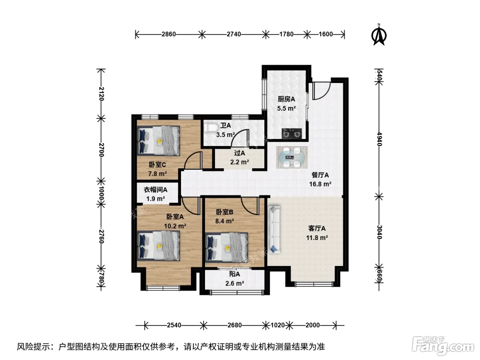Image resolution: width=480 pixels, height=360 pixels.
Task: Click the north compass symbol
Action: click(379, 35)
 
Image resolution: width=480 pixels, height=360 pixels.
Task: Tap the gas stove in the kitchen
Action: click(291, 134)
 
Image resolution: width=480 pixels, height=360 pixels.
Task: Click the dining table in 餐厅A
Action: click(291, 157)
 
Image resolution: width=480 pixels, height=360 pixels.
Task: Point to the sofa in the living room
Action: click(274, 229)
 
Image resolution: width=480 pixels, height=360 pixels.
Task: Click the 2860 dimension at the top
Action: click(169, 34)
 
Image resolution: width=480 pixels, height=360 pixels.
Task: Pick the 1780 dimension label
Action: click(286, 34)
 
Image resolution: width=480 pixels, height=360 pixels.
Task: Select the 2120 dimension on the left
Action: click(101, 94)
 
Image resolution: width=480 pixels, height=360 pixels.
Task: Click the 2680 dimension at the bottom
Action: click(235, 325)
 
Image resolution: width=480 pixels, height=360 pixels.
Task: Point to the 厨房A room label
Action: click(286, 99)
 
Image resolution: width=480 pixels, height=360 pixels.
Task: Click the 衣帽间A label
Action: click(155, 190)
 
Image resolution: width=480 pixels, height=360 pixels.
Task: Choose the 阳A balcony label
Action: click(235, 274)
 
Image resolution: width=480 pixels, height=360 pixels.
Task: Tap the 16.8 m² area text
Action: click(320, 184)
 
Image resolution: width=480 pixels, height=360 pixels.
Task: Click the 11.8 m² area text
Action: click(317, 238)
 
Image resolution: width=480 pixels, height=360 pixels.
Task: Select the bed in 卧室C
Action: click(158, 141)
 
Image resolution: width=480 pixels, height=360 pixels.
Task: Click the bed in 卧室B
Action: click(227, 248)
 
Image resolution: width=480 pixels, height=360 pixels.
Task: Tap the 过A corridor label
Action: click(239, 153)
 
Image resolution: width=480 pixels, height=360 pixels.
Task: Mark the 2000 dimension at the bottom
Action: click(312, 325)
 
